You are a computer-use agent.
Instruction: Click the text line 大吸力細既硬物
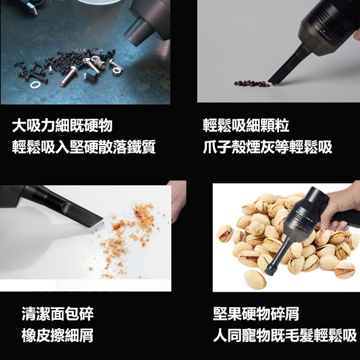tap(62, 126)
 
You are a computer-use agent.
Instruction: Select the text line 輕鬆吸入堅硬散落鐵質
tap(84, 147)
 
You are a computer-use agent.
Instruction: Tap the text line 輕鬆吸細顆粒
tap(246, 126)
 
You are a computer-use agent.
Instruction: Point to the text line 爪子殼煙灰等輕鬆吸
tap(268, 147)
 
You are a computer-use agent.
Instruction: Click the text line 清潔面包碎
tap(58, 314)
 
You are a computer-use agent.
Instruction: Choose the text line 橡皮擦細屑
tap(58, 335)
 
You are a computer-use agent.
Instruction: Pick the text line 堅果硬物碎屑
tap(256, 314)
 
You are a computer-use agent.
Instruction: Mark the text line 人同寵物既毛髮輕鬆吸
tap(284, 335)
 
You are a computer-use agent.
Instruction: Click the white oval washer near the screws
tap(35, 85)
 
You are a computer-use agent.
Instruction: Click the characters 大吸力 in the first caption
tap(34, 126)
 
